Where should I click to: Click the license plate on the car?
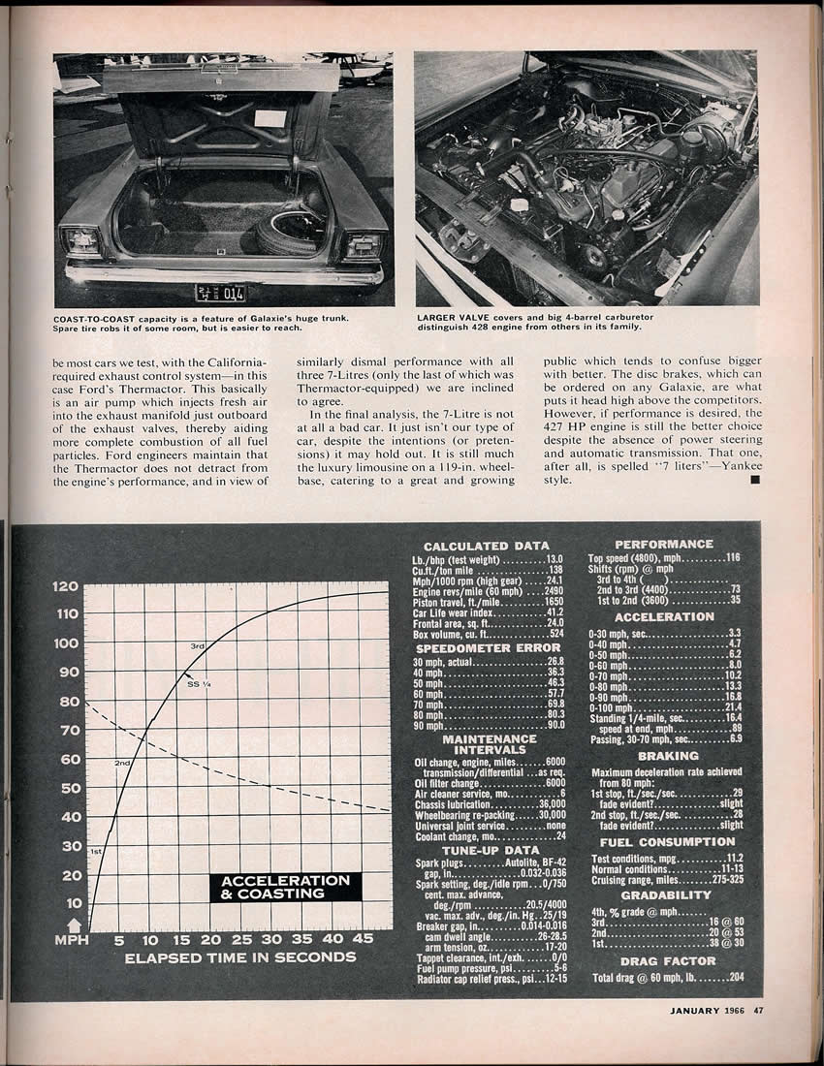click(220, 293)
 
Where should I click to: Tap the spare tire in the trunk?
click(290, 233)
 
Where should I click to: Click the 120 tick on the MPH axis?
click(65, 586)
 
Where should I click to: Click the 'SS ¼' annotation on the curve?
click(199, 685)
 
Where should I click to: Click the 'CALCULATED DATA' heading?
click(486, 547)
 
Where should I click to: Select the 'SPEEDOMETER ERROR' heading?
click(488, 647)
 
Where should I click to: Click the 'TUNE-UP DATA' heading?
click(488, 850)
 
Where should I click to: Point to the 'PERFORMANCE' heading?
click(664, 545)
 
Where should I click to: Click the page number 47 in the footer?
click(758, 1012)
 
